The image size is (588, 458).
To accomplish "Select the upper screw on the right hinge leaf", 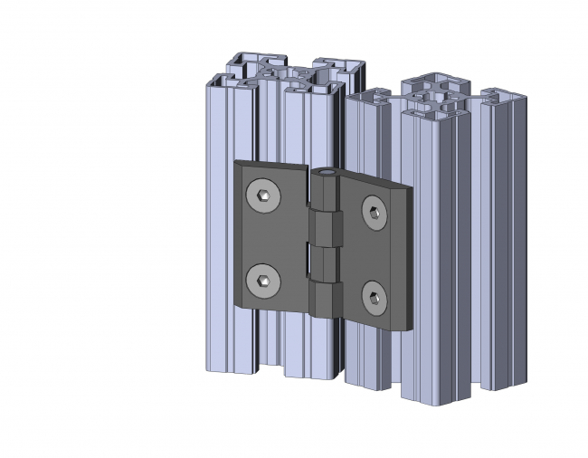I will click(374, 212).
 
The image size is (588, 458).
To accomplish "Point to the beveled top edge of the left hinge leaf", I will click(271, 167).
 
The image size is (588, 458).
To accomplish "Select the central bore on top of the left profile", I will click(286, 72).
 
